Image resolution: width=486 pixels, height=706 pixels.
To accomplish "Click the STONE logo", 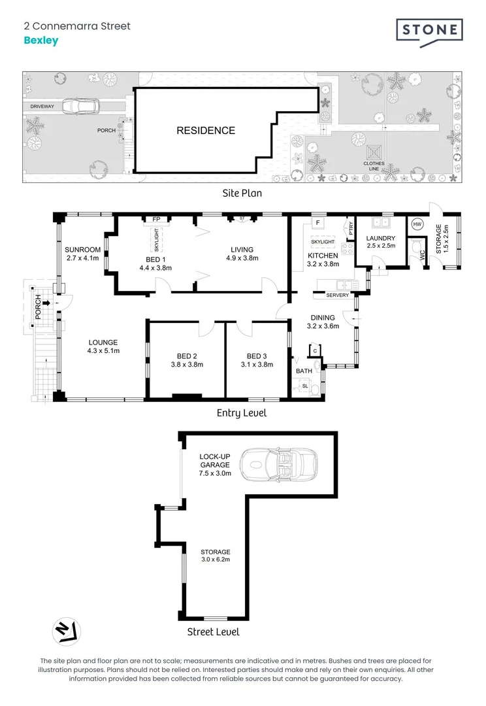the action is [x=429, y=33].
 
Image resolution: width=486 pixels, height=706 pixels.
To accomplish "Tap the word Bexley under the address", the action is [x=41, y=41].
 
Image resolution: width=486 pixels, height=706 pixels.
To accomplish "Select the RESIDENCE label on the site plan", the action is [x=206, y=131].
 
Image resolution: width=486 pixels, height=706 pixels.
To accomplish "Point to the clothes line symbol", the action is [x=374, y=152].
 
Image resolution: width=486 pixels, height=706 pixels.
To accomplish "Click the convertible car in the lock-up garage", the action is [x=278, y=465].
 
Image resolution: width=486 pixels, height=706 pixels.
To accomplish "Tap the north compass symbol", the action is [x=67, y=631].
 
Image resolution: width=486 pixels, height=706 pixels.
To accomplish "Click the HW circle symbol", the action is [x=417, y=224].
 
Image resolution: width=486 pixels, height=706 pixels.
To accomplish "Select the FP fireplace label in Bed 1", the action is [x=156, y=219].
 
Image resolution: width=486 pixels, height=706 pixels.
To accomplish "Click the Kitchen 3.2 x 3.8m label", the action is [x=323, y=260].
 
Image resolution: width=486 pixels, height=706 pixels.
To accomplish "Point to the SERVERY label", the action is [x=338, y=295].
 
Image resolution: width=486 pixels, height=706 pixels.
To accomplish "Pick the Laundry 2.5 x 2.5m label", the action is [x=381, y=242].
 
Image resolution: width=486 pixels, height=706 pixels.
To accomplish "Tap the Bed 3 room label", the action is [x=257, y=360].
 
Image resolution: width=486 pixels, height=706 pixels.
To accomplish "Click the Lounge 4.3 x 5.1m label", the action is [x=103, y=346].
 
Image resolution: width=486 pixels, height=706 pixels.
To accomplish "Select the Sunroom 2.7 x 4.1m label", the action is [x=83, y=254].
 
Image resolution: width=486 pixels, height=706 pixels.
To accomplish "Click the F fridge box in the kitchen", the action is [x=318, y=223].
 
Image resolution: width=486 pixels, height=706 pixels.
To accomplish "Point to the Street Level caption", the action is [x=214, y=631].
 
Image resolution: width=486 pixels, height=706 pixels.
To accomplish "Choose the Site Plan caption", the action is [x=242, y=193].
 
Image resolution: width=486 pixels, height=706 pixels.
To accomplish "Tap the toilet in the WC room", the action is [x=415, y=247].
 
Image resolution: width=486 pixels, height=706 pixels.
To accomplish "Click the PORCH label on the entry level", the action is [x=39, y=307].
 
